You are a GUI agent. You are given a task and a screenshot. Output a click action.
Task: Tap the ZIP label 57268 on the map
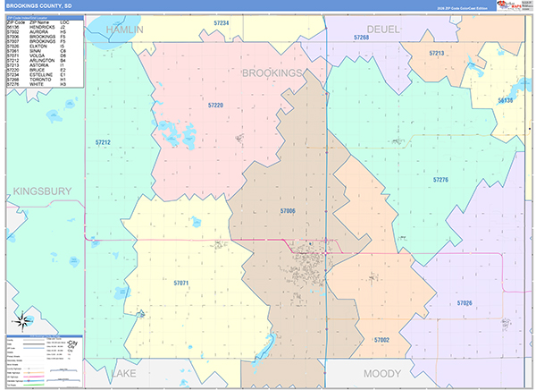[361, 38]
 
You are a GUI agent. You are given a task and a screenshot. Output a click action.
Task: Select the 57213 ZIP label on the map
[436, 54]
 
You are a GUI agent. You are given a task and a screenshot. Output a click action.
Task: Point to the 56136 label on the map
[506, 101]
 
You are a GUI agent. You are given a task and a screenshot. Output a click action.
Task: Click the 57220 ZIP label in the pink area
[215, 106]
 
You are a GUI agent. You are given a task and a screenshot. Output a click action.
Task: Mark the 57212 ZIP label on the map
[103, 142]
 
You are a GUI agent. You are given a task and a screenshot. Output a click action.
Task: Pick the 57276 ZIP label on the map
[440, 180]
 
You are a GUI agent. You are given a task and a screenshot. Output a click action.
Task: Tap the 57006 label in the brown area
[287, 211]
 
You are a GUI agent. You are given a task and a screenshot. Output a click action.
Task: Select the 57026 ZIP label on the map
[465, 304]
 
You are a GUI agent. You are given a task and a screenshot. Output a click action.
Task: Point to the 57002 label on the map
[382, 341]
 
